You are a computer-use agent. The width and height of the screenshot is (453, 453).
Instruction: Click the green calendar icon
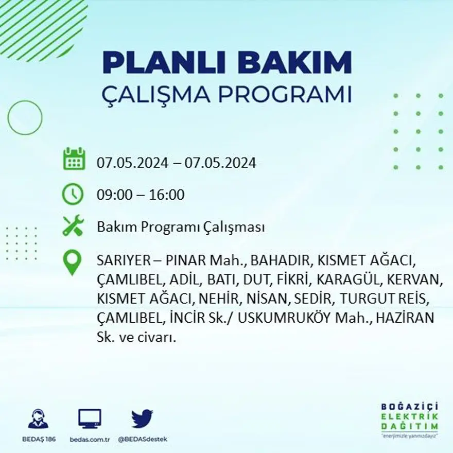pos(74,159)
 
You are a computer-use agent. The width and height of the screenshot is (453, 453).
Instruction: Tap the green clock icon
pos(73,194)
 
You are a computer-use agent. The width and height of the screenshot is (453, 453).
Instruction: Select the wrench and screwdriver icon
pos(73,226)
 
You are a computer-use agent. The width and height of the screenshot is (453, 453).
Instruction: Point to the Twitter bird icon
pos(142,419)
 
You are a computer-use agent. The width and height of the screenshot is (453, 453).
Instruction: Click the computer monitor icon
pos(90,419)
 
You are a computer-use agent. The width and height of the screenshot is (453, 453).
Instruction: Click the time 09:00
pos(113,195)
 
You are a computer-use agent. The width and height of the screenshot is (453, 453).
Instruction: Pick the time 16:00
pos(167,195)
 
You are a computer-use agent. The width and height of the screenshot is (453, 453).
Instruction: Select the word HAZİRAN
pos(405,318)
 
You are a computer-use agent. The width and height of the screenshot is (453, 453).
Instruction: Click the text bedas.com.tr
pos(90,439)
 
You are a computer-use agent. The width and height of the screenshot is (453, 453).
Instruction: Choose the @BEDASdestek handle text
pos(142,439)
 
